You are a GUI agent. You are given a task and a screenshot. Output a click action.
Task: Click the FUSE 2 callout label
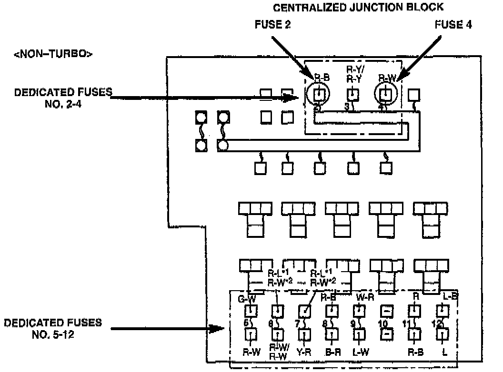[273, 24]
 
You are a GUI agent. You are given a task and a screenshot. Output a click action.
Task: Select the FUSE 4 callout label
[453, 24]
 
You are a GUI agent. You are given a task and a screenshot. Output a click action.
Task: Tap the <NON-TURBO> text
[53, 54]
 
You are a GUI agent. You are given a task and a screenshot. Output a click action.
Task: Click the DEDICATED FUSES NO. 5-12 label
[53, 328]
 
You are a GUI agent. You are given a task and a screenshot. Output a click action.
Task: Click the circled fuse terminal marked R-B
[320, 94]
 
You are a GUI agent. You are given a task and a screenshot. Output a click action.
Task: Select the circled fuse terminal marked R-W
[386, 94]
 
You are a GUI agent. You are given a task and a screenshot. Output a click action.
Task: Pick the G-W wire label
[248, 299]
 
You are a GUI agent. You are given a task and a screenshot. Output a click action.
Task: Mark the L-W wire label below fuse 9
[362, 353]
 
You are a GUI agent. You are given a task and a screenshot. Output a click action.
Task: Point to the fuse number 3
[347, 108]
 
